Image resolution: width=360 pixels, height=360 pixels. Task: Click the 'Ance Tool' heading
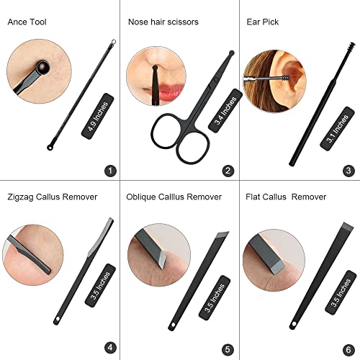point(27,22)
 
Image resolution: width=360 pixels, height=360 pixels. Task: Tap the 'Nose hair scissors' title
point(163,22)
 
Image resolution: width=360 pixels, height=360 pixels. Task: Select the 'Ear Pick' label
point(263,22)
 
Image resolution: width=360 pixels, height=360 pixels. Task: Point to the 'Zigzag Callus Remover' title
point(53,197)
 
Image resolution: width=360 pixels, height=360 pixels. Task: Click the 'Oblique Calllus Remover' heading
point(174,197)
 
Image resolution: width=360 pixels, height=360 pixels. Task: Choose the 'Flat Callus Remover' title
point(286,197)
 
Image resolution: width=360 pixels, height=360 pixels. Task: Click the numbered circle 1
point(110,171)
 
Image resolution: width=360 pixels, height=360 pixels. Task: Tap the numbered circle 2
point(228,171)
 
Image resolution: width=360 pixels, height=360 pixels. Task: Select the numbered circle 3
point(348,171)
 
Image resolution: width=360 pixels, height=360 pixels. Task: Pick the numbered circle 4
point(110,348)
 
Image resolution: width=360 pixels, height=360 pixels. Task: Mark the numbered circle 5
point(228,349)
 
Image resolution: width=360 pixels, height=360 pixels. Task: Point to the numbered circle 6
point(348,350)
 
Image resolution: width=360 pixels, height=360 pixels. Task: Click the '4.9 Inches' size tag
point(98,116)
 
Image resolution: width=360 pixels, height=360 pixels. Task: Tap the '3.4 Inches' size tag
point(225,111)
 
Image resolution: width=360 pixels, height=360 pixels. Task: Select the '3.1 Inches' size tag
point(337,129)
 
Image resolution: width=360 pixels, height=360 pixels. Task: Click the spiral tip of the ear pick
point(351,47)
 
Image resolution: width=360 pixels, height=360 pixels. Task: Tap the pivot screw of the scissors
point(216,79)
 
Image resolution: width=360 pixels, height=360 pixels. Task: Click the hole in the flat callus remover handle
point(294,325)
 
